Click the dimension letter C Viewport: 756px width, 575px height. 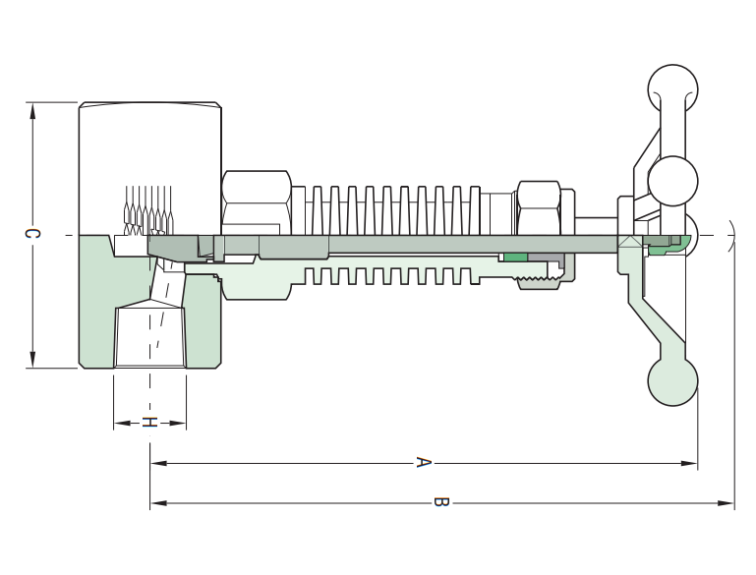pos(32,234)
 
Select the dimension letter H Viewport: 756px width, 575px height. pos(149,423)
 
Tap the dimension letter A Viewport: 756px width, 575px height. pos(423,462)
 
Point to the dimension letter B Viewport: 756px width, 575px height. pos(441,502)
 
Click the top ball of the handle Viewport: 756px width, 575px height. pos(672,89)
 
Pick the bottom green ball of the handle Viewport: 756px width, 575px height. pos(672,380)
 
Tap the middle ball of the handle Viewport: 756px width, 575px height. pos(672,181)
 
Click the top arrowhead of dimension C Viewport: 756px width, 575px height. pos(32,111)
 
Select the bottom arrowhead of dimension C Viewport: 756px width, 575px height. pos(32,360)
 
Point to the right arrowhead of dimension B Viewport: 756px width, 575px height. pos(726,503)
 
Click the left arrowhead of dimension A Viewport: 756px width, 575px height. pos(158,463)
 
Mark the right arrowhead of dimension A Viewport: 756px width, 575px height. pos(689,463)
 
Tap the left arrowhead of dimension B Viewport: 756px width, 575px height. pos(158,503)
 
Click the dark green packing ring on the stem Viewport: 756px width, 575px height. pos(515,258)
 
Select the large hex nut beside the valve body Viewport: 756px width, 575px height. pos(257,202)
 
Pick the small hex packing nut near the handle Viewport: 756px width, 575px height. pos(539,208)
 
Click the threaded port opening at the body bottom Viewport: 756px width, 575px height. pos(150,336)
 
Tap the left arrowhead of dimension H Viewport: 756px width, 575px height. pos(123,424)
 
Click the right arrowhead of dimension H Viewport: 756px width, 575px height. pos(177,424)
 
